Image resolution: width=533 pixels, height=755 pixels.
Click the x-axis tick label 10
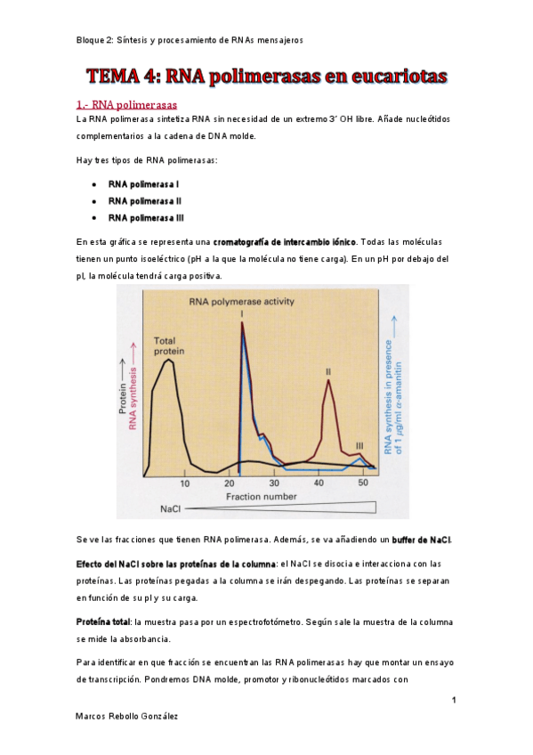[185, 483]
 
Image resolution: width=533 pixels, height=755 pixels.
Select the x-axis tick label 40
[319, 483]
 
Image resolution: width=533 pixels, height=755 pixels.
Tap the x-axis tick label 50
[363, 483]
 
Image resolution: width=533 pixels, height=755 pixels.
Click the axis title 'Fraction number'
[261, 496]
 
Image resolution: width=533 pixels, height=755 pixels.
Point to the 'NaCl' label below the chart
[171, 509]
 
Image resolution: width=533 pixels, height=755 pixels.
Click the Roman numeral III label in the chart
[359, 445]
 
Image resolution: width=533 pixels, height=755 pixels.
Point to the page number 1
[454, 701]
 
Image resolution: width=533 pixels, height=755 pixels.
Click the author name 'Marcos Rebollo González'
[126, 716]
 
